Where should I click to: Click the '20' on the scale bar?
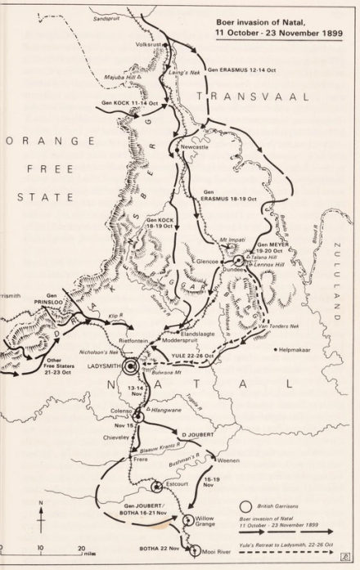(x=82, y=549)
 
